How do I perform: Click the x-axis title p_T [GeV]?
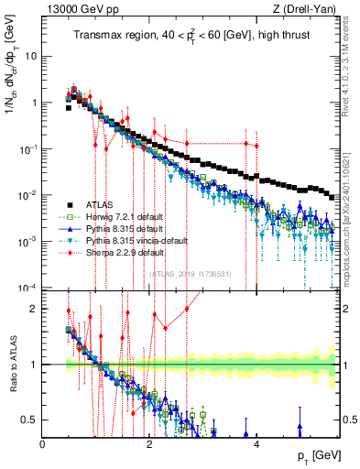tap(314, 455)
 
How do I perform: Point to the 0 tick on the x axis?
tap(43, 443)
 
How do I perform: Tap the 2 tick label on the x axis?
tap(150, 443)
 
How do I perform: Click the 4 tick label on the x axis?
tap(256, 443)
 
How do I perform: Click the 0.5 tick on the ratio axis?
tap(30, 420)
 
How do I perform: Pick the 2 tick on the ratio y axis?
tap(35, 309)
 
